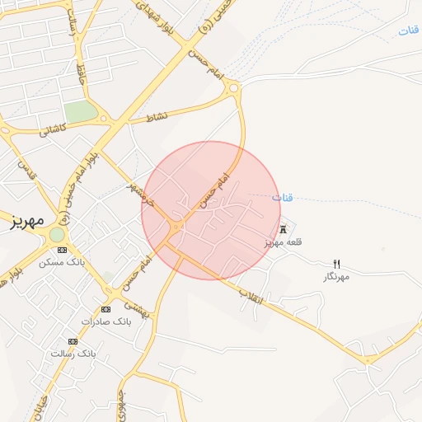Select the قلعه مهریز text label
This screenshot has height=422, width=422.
point(284,242)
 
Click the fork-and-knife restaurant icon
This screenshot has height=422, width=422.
point(336,264)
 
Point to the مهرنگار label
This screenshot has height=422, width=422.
point(336,277)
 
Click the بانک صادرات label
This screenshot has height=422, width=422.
point(105,321)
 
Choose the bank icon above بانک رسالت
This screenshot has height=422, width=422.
point(73,340)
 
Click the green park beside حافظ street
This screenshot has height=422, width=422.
point(81,112)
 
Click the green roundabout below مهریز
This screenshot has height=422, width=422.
point(57,235)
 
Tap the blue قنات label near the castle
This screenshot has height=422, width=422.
point(282,198)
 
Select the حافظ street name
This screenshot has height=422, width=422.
point(81,78)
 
